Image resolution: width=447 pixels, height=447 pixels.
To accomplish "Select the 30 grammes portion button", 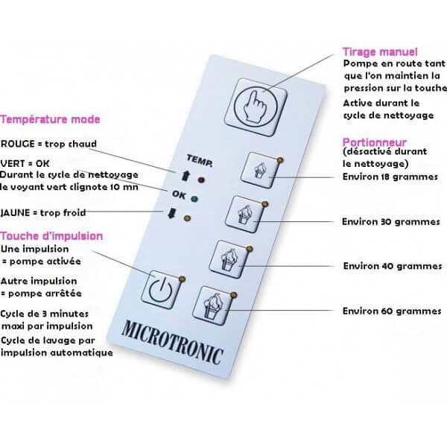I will [249, 214].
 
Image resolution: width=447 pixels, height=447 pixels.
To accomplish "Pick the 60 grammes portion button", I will [214, 305].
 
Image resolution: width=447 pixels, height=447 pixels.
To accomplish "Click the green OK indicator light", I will [194, 199].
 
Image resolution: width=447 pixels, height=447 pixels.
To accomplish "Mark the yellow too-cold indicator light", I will [187, 218].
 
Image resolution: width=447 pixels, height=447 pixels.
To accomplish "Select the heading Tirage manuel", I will [380, 51].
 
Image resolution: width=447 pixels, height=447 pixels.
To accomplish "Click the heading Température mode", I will [50, 119].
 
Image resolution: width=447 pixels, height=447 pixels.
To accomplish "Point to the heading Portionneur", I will [374, 142].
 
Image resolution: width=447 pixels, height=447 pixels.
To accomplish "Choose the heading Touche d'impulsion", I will [51, 236].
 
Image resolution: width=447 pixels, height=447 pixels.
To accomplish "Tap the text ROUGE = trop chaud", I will [48, 145].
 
